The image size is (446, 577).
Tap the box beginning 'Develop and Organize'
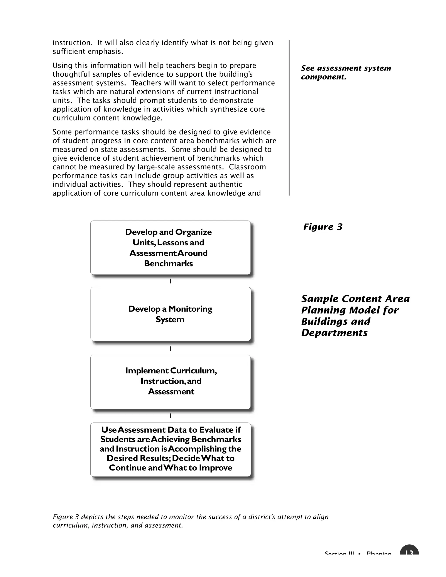click(x=171, y=248)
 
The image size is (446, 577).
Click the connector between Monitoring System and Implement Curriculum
click(x=171, y=349)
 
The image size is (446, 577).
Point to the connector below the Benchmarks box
click(x=171, y=281)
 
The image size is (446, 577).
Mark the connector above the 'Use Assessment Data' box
click(x=171, y=416)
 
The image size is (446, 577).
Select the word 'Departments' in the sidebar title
click(x=334, y=333)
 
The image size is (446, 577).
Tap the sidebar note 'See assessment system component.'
click(x=346, y=72)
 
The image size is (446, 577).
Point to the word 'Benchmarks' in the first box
click(x=168, y=263)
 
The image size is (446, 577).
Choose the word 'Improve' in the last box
click(x=215, y=468)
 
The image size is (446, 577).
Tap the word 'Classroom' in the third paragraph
click(x=247, y=167)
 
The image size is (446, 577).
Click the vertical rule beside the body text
click(x=289, y=118)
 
